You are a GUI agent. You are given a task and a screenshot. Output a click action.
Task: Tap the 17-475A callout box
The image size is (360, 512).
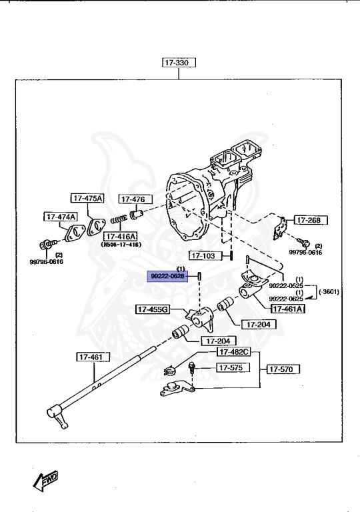coord(88,198)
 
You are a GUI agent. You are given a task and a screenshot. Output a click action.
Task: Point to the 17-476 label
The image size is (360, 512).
coord(135,199)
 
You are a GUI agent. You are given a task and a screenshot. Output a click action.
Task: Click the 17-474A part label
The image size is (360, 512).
coord(61,217)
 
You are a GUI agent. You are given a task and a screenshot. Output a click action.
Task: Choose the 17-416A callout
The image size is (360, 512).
coord(119,237)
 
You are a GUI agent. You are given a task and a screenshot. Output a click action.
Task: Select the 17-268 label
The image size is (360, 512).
coord(307,220)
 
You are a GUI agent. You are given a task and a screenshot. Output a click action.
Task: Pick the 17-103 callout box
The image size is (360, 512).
coord(204,255)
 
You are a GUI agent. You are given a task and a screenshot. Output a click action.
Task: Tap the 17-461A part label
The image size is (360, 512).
coord(287,308)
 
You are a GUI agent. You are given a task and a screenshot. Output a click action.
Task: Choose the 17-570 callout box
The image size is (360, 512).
coord(284,368)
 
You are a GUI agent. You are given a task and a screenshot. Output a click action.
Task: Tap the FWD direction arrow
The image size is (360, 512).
coord(45,479)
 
